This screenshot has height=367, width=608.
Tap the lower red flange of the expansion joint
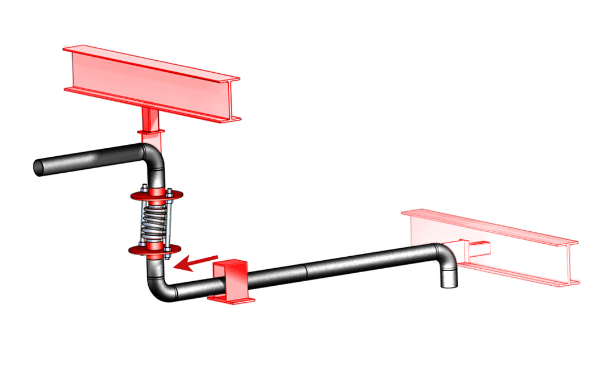click(x=155, y=249)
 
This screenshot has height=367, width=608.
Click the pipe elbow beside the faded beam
click(x=446, y=253)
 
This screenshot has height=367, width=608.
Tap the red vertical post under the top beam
click(x=150, y=126)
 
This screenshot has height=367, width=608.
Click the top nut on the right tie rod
click(x=168, y=190)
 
